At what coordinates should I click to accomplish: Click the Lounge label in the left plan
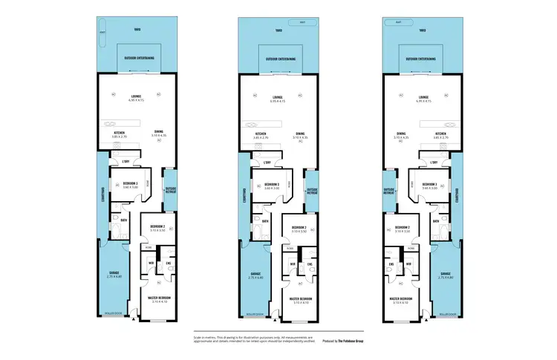click(136, 96)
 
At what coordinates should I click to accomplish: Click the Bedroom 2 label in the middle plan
click(299, 227)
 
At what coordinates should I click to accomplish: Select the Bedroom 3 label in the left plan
click(130, 183)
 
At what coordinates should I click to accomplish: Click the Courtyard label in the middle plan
click(243, 194)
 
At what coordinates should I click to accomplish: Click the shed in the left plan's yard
click(103, 32)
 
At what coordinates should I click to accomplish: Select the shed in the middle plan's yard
click(302, 22)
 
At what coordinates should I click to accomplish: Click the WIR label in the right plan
click(407, 264)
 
